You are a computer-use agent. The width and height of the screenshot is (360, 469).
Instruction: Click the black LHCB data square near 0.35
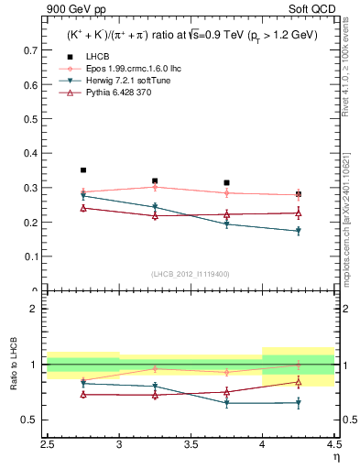83,170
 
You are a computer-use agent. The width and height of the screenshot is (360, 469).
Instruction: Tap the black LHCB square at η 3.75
226,182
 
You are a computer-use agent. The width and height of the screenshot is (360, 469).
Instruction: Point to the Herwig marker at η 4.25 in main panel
298,231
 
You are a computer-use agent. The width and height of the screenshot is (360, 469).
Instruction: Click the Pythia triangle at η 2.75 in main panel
83,208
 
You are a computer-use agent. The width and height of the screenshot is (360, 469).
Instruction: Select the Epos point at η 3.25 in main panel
155,187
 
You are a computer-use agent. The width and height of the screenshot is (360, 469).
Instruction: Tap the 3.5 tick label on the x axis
191,443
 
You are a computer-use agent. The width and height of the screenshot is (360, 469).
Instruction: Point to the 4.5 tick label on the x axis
333,443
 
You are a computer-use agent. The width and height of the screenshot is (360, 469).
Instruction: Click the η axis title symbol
335,456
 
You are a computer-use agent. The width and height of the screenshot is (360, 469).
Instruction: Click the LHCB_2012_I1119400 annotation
191,274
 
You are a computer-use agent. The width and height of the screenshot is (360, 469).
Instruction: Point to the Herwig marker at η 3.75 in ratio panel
226,403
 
